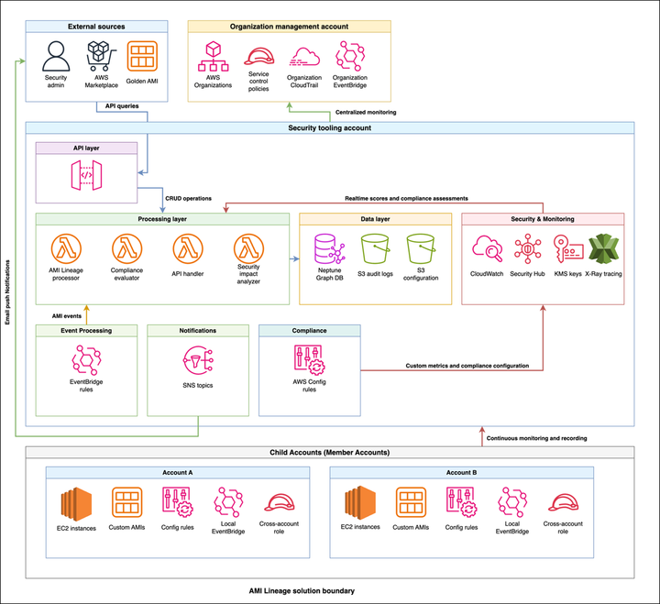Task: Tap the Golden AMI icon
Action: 142,57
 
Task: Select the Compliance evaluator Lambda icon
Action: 126,248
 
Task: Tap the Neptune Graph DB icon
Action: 327,248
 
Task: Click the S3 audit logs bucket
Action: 375,248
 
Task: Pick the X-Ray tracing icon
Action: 603,248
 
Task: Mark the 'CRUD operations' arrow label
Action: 188,198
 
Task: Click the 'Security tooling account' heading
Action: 329,127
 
